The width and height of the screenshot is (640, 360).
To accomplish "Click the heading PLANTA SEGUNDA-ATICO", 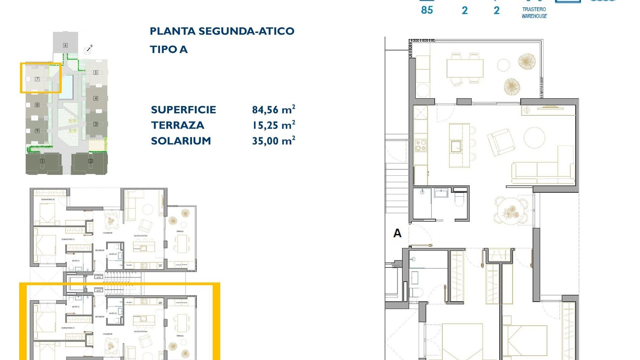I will pos(222,31).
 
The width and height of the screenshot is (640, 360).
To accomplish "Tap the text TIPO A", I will pos(169,50).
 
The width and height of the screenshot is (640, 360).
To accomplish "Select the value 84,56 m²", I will pos(273,110).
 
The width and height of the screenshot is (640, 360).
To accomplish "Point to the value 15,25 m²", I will pos(273,125).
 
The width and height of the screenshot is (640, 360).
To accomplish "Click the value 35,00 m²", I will pos(273,141).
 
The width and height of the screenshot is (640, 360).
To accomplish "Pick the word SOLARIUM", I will pos(181,141).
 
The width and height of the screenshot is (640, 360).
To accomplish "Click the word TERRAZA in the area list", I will pos(177,125).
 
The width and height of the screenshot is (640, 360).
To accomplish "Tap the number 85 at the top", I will pos(427,10).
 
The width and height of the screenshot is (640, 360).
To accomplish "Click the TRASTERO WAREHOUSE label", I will pos(534,13).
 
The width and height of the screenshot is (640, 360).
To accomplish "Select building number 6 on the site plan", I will pos(65,45).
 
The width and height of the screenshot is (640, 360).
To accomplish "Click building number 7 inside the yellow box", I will pos(37,79).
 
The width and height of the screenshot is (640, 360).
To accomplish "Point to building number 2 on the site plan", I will pos(90,161).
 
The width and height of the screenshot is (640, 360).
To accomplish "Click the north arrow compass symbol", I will pos(88,49).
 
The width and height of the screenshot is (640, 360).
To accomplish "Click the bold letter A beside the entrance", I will pos(397,233).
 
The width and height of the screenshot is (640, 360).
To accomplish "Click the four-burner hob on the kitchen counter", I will pos(420,146).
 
